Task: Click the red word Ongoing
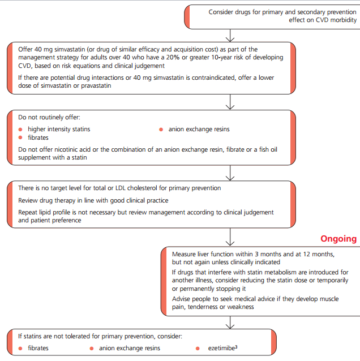[x=338, y=239]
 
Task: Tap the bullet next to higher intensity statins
[x=20, y=129]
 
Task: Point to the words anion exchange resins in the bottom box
[x=130, y=348]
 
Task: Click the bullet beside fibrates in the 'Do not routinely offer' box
[x=20, y=137]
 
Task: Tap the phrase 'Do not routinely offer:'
[x=49, y=117]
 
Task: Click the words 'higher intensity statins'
[x=59, y=129]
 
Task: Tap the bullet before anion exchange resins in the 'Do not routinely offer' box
[x=162, y=129]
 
